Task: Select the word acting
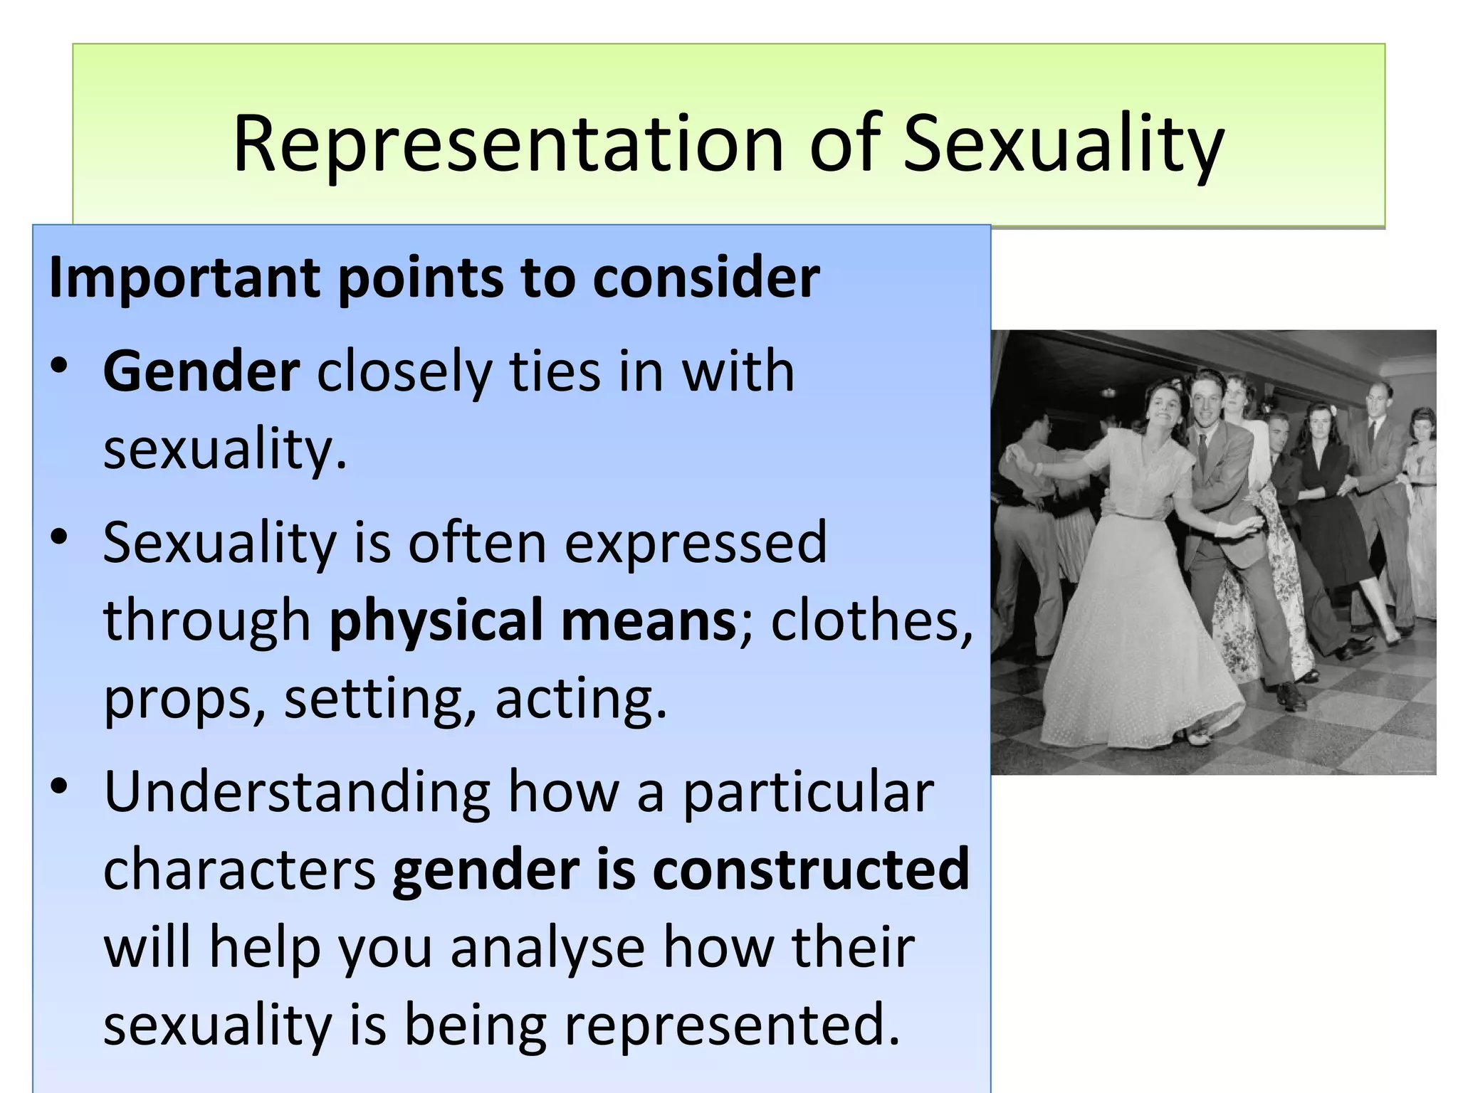pyautogui.click(x=580, y=699)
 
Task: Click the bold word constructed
pyautogui.click(x=811, y=870)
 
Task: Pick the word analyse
pyautogui.click(x=547, y=948)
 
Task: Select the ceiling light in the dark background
pyautogui.click(x=1108, y=392)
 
